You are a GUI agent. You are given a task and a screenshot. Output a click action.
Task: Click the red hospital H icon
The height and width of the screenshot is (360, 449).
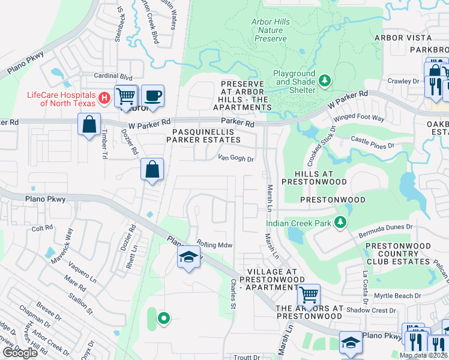[104, 97]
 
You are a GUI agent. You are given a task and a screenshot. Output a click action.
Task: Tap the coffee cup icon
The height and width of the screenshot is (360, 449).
[152, 95]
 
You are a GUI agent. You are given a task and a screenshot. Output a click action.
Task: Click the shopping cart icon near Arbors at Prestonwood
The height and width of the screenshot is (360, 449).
[309, 295]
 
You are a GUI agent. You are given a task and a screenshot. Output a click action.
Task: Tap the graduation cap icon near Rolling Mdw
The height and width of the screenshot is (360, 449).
[188, 257]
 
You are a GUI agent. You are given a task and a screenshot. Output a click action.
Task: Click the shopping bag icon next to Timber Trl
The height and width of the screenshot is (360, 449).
[89, 125]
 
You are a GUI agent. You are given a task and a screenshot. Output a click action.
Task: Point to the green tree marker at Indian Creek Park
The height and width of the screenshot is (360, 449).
[340, 223]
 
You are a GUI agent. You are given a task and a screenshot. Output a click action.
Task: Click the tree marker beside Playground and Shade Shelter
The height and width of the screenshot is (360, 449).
[325, 80]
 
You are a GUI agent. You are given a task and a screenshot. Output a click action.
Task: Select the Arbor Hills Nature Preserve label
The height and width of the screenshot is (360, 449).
[269, 31]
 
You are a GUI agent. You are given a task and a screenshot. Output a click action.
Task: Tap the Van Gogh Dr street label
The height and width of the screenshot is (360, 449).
[236, 159]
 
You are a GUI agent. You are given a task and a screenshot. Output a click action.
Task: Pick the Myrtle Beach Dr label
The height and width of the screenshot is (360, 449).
[394, 296]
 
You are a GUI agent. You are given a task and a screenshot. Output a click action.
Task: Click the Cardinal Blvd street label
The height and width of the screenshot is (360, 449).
[112, 77]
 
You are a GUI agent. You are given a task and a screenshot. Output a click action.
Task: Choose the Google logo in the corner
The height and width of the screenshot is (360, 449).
[20, 353]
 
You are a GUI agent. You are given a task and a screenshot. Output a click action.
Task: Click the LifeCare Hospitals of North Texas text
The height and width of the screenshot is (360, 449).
[61, 99]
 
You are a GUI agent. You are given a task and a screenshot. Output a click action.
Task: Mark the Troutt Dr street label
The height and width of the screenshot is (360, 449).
[247, 357]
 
